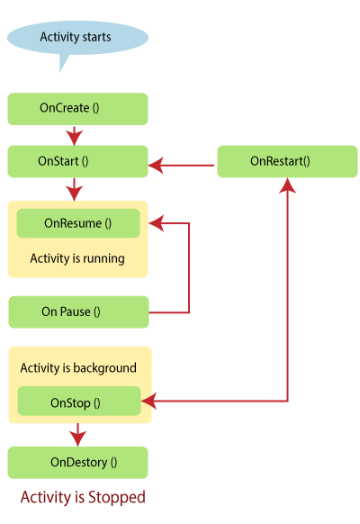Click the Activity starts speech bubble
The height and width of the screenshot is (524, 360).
[77, 38]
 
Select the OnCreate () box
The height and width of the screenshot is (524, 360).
[77, 109]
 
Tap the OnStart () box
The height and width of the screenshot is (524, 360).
[77, 161]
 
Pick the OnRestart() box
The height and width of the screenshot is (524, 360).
[287, 161]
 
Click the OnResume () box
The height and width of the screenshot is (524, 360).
[78, 223]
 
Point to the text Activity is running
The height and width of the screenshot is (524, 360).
[77, 258]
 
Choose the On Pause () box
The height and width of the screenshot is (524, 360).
[78, 312]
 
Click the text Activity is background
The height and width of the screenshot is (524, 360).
[78, 368]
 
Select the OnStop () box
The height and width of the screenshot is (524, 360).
[79, 401]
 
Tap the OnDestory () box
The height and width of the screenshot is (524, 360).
[77, 463]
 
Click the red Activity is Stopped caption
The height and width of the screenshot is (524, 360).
[83, 497]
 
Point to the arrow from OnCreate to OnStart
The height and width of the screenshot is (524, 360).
[74, 136]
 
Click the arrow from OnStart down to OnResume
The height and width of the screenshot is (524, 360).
[74, 189]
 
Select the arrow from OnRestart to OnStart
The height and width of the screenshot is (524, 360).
[181, 165]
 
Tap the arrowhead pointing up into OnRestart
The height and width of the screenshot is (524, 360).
[287, 185]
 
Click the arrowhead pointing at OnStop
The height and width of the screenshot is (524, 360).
[148, 401]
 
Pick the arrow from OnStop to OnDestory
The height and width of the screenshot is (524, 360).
[77, 435]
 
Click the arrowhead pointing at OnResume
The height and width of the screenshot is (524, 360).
[157, 223]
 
